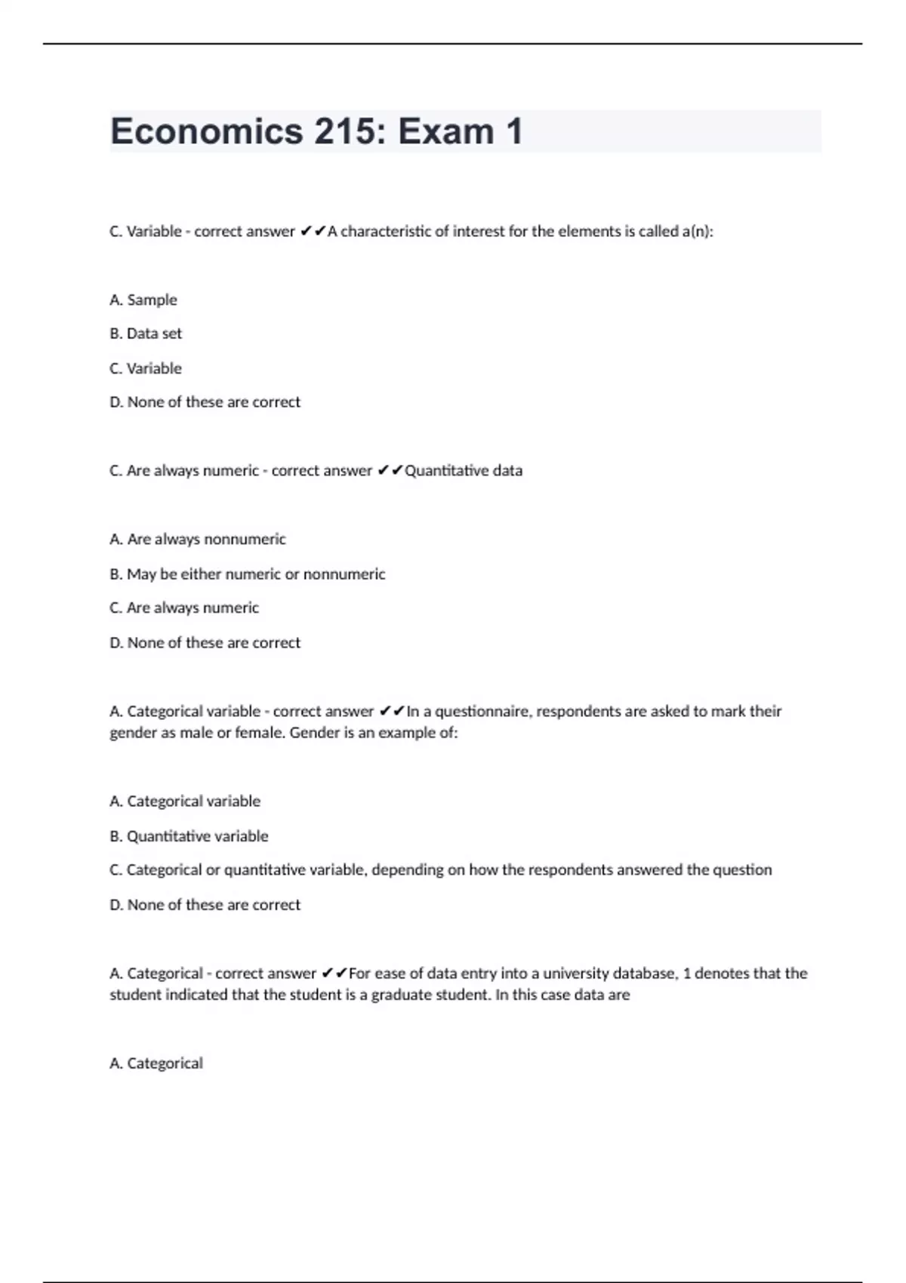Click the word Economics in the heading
(206, 132)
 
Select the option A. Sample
(143, 300)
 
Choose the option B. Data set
(146, 334)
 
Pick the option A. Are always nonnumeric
(198, 539)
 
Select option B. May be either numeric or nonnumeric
(247, 574)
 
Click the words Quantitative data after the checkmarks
(464, 471)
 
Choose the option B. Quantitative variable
(189, 836)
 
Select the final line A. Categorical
(156, 1063)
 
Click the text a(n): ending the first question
(698, 232)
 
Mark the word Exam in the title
(445, 132)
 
